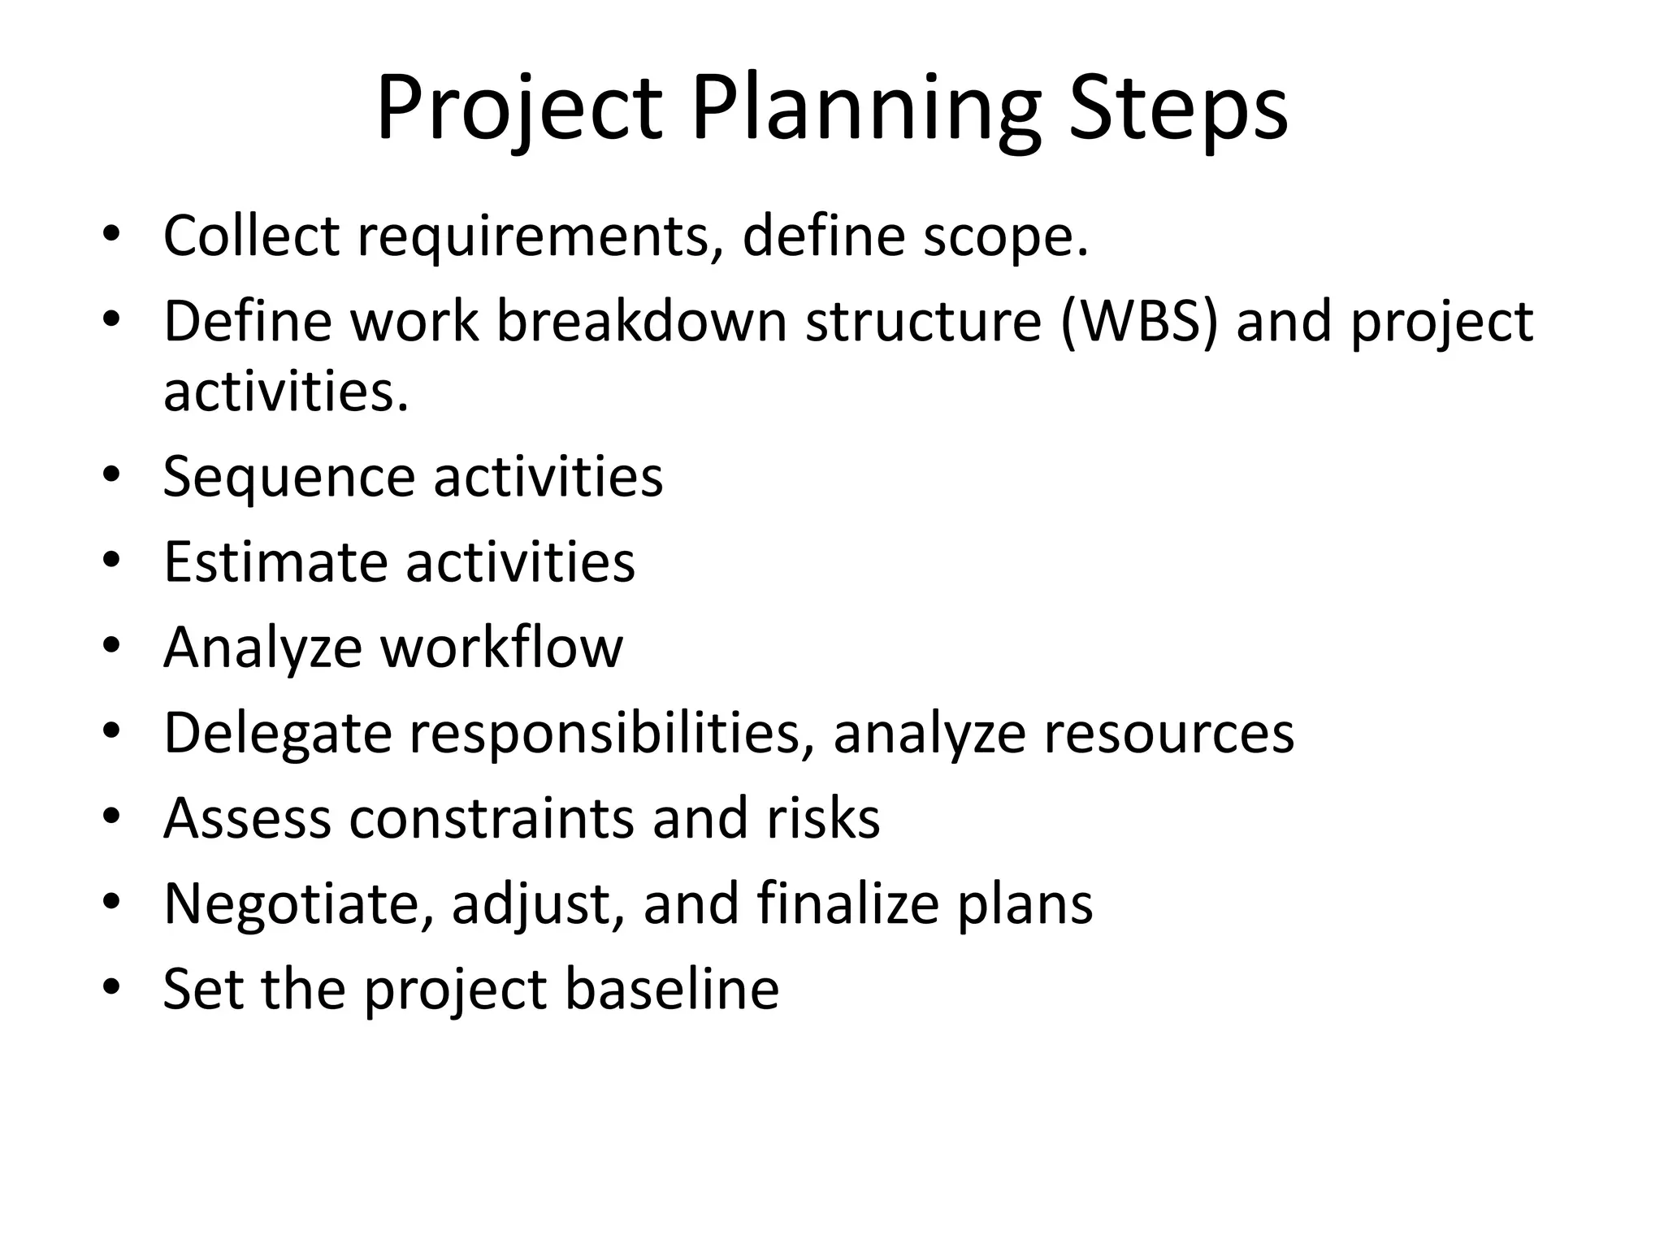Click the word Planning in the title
[865, 110]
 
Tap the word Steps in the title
[1178, 110]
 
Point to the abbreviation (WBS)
[1140, 322]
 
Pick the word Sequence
[288, 478]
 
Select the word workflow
[501, 647]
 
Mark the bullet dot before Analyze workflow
[111, 646]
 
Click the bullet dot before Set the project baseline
[111, 987]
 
